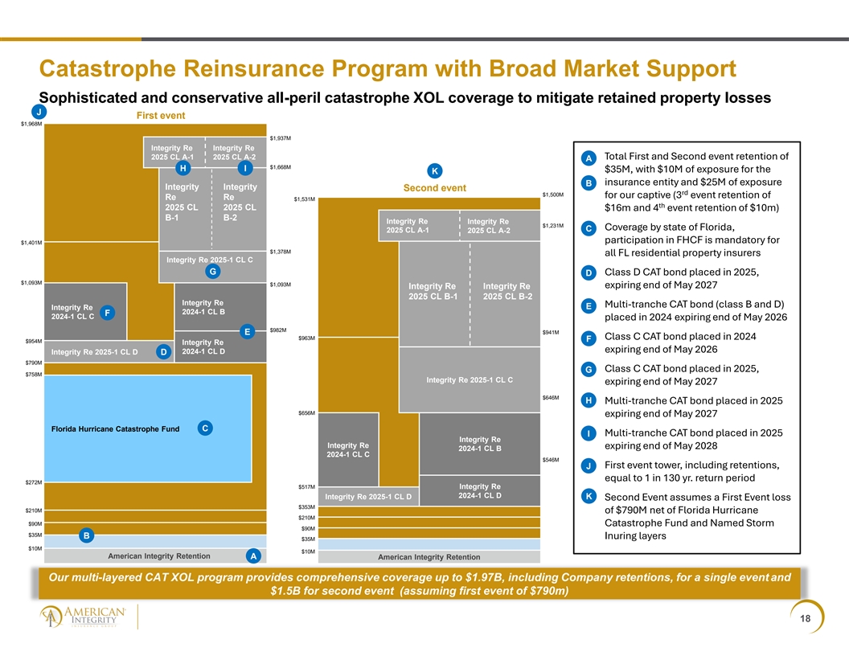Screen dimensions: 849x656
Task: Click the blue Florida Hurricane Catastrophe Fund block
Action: (x=148, y=428)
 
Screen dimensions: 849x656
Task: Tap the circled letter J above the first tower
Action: (x=39, y=112)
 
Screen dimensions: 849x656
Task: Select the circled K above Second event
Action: (x=434, y=171)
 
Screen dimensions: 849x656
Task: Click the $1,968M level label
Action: (x=31, y=124)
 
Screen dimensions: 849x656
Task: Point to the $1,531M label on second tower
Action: (x=304, y=199)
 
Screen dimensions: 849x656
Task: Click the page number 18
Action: (x=805, y=618)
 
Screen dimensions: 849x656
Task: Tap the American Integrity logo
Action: (x=82, y=617)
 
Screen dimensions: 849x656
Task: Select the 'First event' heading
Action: (x=161, y=115)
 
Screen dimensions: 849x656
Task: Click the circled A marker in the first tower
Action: (x=253, y=556)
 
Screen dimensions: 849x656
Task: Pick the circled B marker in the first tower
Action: (x=87, y=535)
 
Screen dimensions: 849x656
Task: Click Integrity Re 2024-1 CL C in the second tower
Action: (x=348, y=449)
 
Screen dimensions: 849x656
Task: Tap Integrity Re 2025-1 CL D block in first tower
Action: (x=109, y=352)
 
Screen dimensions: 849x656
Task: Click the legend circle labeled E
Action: (x=589, y=305)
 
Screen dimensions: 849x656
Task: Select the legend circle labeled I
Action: (x=589, y=433)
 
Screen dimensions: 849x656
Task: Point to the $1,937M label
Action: (x=281, y=138)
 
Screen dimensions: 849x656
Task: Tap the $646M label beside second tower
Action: (x=551, y=398)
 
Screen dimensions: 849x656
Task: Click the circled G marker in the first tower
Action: (x=213, y=271)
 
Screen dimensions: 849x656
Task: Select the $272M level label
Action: (x=34, y=482)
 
